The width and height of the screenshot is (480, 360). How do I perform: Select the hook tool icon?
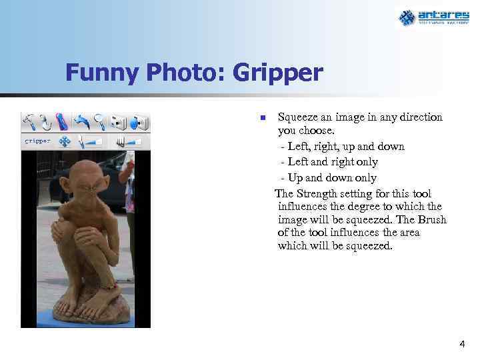[46, 122]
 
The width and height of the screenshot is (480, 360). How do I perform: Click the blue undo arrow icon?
[82, 122]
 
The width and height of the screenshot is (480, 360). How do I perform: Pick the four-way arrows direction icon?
[65, 141]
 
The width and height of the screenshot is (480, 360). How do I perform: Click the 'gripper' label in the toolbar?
[37, 141]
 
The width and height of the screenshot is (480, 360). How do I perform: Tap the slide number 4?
[462, 344]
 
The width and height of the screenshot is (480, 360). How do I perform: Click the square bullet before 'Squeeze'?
[263, 118]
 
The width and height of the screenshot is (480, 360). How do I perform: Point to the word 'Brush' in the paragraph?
[433, 220]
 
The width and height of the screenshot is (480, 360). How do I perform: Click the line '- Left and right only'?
[329, 162]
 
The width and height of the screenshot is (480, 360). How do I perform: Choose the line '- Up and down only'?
[329, 178]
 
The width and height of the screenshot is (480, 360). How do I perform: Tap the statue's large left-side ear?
[65, 185]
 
